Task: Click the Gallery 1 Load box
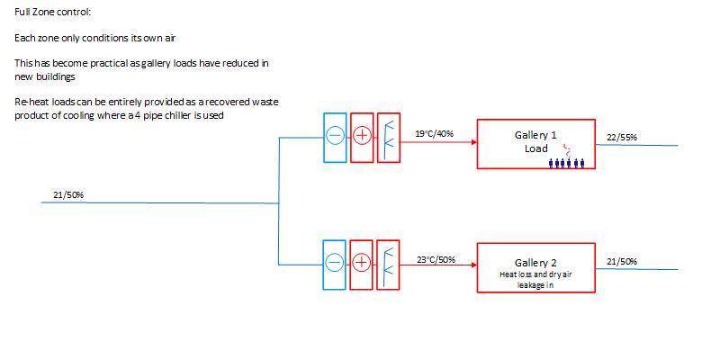click(x=535, y=143)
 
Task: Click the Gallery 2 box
click(x=535, y=267)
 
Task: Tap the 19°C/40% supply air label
click(x=434, y=134)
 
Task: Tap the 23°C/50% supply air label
click(x=436, y=260)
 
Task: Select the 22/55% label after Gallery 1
click(x=622, y=137)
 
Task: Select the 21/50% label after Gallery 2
click(x=622, y=261)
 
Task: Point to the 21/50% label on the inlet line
click(x=68, y=194)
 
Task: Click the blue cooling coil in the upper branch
click(x=335, y=138)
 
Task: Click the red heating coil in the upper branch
click(x=361, y=138)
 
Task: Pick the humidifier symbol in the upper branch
click(x=388, y=138)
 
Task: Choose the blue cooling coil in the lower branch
click(x=335, y=263)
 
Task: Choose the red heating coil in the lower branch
click(x=361, y=263)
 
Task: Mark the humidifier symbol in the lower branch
click(x=388, y=263)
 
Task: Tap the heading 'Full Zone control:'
click(x=53, y=13)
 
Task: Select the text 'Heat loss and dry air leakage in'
click(x=535, y=279)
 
